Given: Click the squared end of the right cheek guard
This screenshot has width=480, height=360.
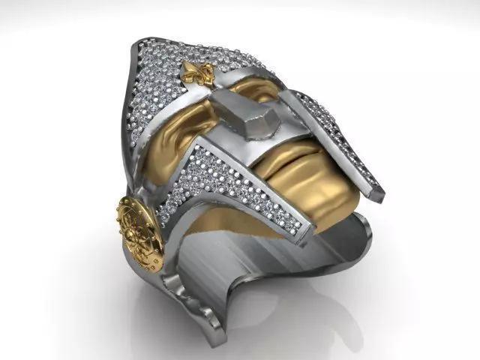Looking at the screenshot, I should pyautogui.click(x=374, y=192).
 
